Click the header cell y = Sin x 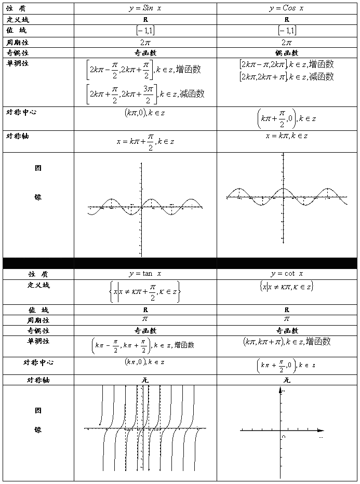pos(145,8)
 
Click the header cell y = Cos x pos(287,8)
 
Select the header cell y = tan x pos(145,274)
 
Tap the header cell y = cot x pos(287,274)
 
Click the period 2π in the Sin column pos(145,42)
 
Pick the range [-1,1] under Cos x pos(287,31)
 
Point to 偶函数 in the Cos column pos(287,53)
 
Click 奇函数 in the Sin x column pos(145,53)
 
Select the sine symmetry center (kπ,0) pos(145,113)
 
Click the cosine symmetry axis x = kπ pos(286,136)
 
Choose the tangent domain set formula pos(145,292)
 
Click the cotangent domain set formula pos(286,286)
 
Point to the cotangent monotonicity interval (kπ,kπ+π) pos(286,342)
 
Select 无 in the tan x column pos(145,380)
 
